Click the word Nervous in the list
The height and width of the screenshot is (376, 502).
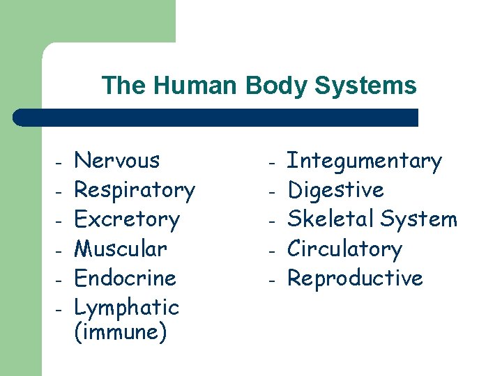116,161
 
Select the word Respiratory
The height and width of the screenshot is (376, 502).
135,190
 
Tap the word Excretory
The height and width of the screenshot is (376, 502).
127,219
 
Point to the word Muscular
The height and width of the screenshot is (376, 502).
121,249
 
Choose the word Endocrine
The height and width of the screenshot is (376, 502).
125,278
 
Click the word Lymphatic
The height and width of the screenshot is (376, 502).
126,307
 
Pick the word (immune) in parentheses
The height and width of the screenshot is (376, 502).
120,332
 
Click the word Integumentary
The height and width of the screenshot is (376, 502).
365,162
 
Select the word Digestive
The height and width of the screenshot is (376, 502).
336,190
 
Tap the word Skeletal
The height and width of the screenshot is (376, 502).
327,219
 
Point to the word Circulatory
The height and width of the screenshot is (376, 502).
344,249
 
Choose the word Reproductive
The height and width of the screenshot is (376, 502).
355,279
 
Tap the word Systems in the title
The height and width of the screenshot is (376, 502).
365,86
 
